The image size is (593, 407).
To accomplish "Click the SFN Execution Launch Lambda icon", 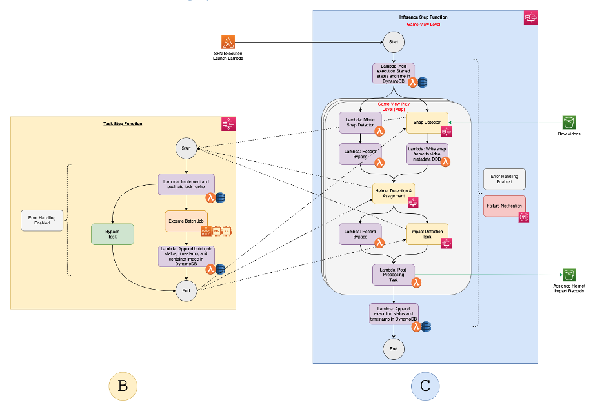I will tap(228, 42).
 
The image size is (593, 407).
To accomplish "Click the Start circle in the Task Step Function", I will tap(186, 148).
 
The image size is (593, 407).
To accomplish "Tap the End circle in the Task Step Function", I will tap(186, 292).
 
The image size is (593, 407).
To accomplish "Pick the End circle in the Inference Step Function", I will tap(393, 348).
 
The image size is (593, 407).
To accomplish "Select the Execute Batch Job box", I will tap(186, 221).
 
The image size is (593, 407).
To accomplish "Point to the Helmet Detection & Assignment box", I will tap(393, 194).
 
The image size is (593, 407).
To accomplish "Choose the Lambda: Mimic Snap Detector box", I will tap(360, 122).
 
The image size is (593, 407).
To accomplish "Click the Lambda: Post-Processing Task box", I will tap(393, 273).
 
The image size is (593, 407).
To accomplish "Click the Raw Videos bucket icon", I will tap(568, 123).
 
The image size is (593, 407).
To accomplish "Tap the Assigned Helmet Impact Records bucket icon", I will tap(568, 275).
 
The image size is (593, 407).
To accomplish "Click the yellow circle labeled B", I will tap(123, 386).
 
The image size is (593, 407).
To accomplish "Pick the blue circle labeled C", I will tap(425, 386).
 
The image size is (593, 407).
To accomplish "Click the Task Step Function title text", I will tap(123, 123).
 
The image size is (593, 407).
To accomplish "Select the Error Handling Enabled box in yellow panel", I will tap(42, 221).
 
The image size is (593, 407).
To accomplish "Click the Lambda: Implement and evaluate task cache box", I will tap(186, 185).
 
